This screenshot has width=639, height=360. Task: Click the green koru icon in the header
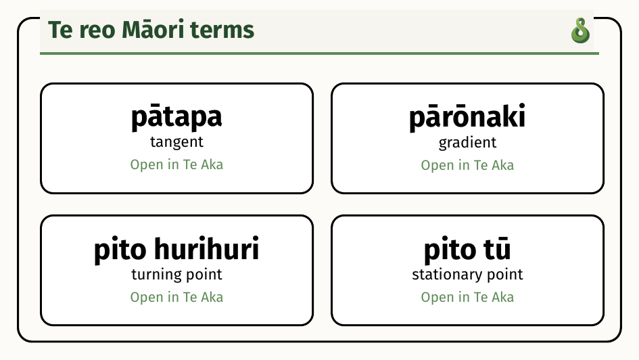tap(580, 30)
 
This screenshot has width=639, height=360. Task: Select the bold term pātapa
tap(176, 118)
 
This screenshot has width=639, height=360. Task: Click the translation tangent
tap(176, 142)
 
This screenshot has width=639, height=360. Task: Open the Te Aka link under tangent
tap(176, 164)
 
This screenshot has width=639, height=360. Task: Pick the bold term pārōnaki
tap(467, 118)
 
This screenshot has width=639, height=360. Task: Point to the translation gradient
tap(467, 143)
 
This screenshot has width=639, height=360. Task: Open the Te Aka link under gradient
tap(467, 166)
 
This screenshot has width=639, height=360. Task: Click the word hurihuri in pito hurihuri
tap(207, 248)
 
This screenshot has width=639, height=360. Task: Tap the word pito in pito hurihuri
tap(120, 249)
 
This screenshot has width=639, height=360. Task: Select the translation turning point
tap(176, 274)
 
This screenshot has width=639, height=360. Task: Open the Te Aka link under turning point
tap(176, 297)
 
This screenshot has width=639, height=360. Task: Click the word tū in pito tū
tap(497, 248)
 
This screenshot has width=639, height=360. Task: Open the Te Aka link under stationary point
tap(467, 297)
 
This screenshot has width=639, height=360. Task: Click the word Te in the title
tap(60, 30)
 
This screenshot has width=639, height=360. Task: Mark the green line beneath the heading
tap(319, 53)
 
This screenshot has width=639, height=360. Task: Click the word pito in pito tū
tap(450, 249)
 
